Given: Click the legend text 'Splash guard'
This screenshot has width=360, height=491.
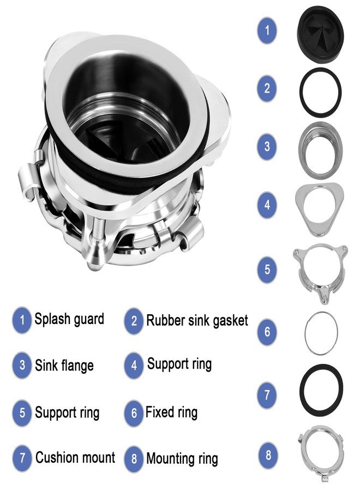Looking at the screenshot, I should tap(69, 319).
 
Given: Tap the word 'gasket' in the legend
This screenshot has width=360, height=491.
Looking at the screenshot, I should tap(225, 320).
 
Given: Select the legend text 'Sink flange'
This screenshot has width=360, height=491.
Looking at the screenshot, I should tap(64, 365).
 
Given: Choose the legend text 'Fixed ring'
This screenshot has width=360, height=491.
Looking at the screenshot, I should tap(171, 412).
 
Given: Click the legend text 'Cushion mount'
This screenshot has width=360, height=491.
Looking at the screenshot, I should tap(75, 457).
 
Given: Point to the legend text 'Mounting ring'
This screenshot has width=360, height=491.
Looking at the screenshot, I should tap(182, 459).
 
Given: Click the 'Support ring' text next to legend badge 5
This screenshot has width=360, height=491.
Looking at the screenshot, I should tap(67, 412).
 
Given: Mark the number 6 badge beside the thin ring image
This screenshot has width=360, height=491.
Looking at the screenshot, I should tap(267, 332).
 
